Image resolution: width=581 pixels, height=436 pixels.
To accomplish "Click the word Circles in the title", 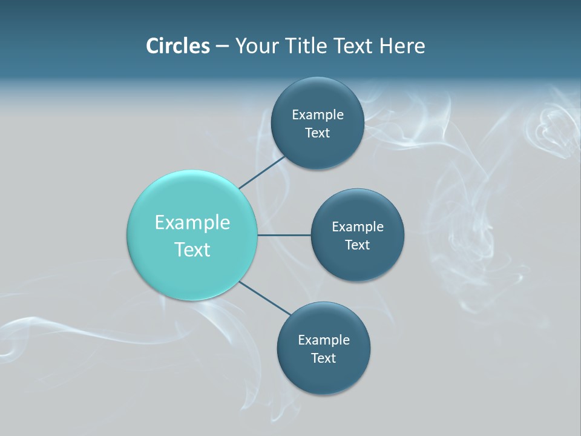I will coord(178,46).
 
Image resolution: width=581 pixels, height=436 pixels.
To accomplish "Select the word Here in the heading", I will coord(402,46).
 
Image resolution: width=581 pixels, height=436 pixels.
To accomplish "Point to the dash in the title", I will coord(222,47).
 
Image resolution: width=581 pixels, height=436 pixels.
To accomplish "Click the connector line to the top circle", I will coord(263,172).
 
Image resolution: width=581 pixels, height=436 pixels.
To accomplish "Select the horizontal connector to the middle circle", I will coord(284,235).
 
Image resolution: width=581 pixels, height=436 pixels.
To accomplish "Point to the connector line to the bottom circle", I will coord(265,298).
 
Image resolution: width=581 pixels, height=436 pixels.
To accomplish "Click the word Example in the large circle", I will coord(192,222).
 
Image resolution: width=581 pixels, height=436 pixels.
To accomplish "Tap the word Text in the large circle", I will coord(192,249).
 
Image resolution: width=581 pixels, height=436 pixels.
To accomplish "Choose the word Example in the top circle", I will coord(318,115).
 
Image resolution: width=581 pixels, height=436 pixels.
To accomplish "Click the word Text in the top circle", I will coord(317,133).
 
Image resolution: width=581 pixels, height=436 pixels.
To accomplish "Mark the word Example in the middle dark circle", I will coord(358,227).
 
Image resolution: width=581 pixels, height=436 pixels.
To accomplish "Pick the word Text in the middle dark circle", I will coord(357,245).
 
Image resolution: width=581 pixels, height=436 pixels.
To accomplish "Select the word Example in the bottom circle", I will coord(324,340).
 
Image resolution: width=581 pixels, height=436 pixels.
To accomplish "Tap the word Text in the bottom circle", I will coord(323,358).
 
